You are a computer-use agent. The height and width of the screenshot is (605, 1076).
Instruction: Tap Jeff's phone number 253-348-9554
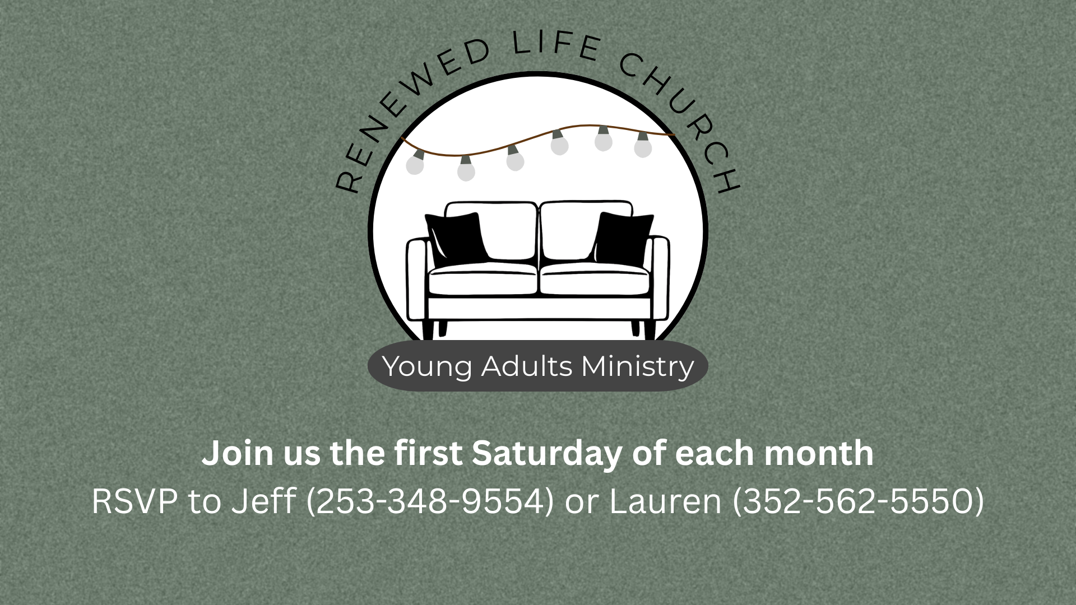430,501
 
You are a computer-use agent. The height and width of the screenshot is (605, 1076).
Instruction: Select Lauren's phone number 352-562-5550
858,501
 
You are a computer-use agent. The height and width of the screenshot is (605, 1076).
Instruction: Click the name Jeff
263,501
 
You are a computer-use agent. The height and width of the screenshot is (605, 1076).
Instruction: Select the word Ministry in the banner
638,367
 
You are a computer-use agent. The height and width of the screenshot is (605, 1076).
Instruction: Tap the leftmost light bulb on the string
415,164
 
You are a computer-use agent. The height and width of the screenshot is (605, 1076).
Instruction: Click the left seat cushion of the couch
483,278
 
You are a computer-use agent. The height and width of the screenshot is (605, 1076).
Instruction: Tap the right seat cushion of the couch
594,278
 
